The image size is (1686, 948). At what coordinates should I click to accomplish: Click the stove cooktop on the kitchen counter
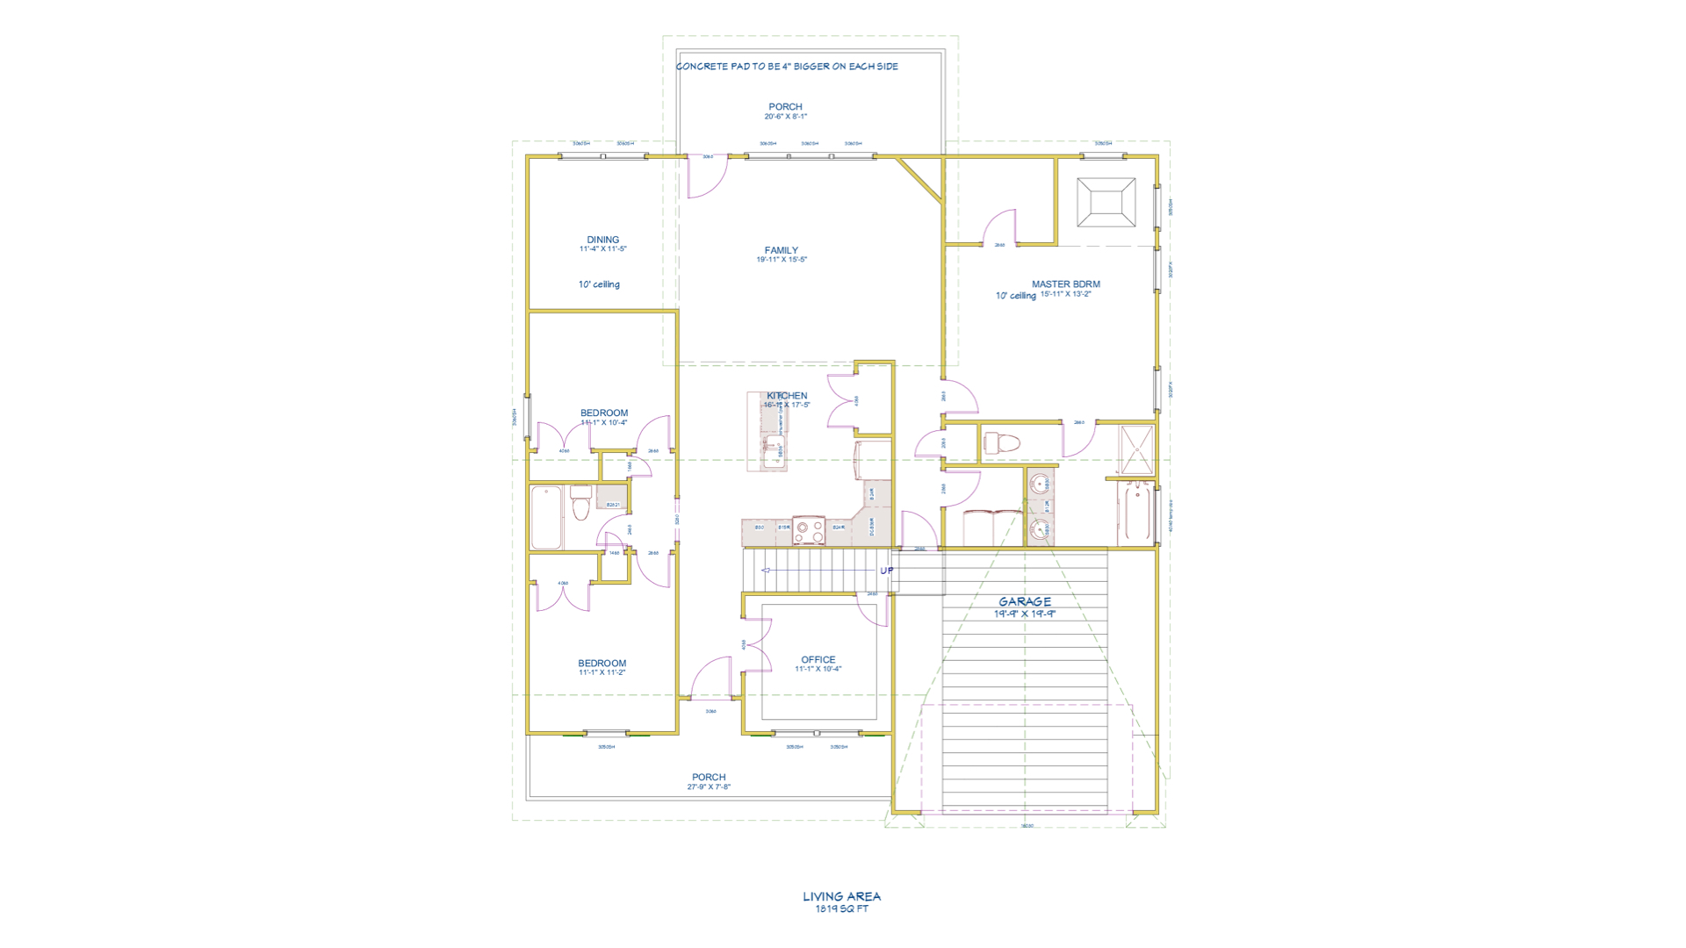click(808, 531)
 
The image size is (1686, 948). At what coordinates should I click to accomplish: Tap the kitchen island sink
click(774, 453)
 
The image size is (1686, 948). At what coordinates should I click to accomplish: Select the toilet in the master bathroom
click(1001, 442)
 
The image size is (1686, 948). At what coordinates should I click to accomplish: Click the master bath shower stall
click(1136, 449)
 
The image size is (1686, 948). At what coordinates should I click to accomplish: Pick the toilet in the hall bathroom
click(580, 504)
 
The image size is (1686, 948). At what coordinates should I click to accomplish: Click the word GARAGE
click(1024, 601)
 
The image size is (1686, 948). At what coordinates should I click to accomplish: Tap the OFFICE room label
click(818, 659)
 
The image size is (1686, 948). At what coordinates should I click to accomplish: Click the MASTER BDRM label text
click(1065, 284)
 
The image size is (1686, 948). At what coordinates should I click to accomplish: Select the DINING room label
click(602, 239)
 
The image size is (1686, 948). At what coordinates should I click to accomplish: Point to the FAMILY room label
click(781, 250)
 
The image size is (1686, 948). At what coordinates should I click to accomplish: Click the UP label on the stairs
click(887, 571)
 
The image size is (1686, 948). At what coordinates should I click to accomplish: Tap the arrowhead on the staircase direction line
click(765, 571)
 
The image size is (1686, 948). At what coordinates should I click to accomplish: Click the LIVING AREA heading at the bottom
click(841, 896)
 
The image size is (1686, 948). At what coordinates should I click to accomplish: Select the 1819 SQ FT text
click(841, 908)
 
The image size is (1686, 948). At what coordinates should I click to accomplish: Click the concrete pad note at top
click(787, 66)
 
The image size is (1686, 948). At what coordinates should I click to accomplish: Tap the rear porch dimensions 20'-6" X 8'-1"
click(785, 117)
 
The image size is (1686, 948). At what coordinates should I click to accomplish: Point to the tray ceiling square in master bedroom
click(1106, 202)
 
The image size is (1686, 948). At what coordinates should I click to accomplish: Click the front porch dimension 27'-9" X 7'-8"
click(708, 787)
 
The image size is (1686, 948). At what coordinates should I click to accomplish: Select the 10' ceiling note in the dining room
click(599, 284)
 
